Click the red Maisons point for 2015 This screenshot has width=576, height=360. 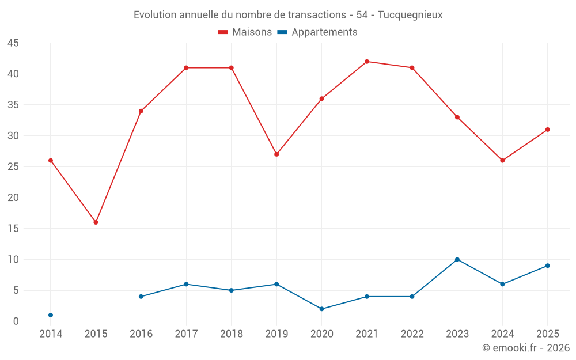click(x=96, y=222)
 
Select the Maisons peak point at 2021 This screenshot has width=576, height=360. click(x=367, y=62)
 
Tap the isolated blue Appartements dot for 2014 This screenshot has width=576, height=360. click(x=51, y=315)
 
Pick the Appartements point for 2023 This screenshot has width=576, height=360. click(x=457, y=259)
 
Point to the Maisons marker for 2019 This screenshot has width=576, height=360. click(x=276, y=154)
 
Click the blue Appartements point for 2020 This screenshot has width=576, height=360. click(x=322, y=309)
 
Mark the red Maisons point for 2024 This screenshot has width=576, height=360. click(x=502, y=161)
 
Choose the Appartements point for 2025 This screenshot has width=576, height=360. click(x=548, y=266)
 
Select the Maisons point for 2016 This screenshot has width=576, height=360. click(x=141, y=111)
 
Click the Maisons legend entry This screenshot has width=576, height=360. click(x=245, y=32)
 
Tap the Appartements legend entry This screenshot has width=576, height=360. click(x=317, y=32)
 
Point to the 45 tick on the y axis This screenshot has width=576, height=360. click(x=13, y=43)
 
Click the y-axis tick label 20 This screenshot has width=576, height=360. click(x=13, y=198)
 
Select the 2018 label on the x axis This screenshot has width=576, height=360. click(x=232, y=334)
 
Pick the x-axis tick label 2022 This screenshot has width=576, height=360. click(x=412, y=334)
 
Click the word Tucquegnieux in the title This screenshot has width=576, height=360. click(x=410, y=15)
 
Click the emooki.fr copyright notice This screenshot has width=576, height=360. click(x=526, y=347)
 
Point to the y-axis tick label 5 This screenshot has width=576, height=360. click(x=16, y=290)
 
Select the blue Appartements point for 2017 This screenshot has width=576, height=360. click(x=186, y=285)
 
